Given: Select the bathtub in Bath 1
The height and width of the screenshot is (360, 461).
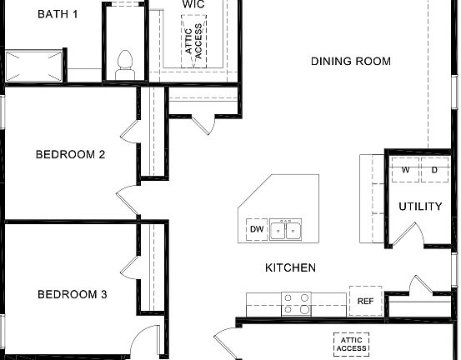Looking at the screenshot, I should coord(33,65).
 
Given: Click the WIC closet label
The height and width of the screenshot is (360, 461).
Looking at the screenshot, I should coord(194,4).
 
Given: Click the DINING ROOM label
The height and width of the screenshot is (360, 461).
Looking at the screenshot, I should coord(350,61).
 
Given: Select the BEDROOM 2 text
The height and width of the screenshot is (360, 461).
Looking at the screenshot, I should coord(70,154).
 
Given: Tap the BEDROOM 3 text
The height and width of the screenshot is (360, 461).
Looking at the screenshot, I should coord(72,294).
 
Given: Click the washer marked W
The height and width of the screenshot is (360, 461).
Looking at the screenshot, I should coord(406,170).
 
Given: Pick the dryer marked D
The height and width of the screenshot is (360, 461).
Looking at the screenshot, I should coord(434,170).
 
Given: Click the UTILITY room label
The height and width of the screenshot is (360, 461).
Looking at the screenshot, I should coord(420,207).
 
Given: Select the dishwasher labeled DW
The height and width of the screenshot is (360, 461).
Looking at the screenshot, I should coord(255,229).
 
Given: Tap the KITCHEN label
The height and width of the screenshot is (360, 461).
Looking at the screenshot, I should coord(290,267).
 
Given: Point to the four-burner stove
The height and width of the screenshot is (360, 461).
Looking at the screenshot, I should coord(296,302).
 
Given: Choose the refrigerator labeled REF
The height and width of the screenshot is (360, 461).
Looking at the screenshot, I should coord(365,302).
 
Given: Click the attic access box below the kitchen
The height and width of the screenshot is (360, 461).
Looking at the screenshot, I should coord(352,344).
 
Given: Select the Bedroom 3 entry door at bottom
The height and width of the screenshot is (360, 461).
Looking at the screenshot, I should coord(143,342).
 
